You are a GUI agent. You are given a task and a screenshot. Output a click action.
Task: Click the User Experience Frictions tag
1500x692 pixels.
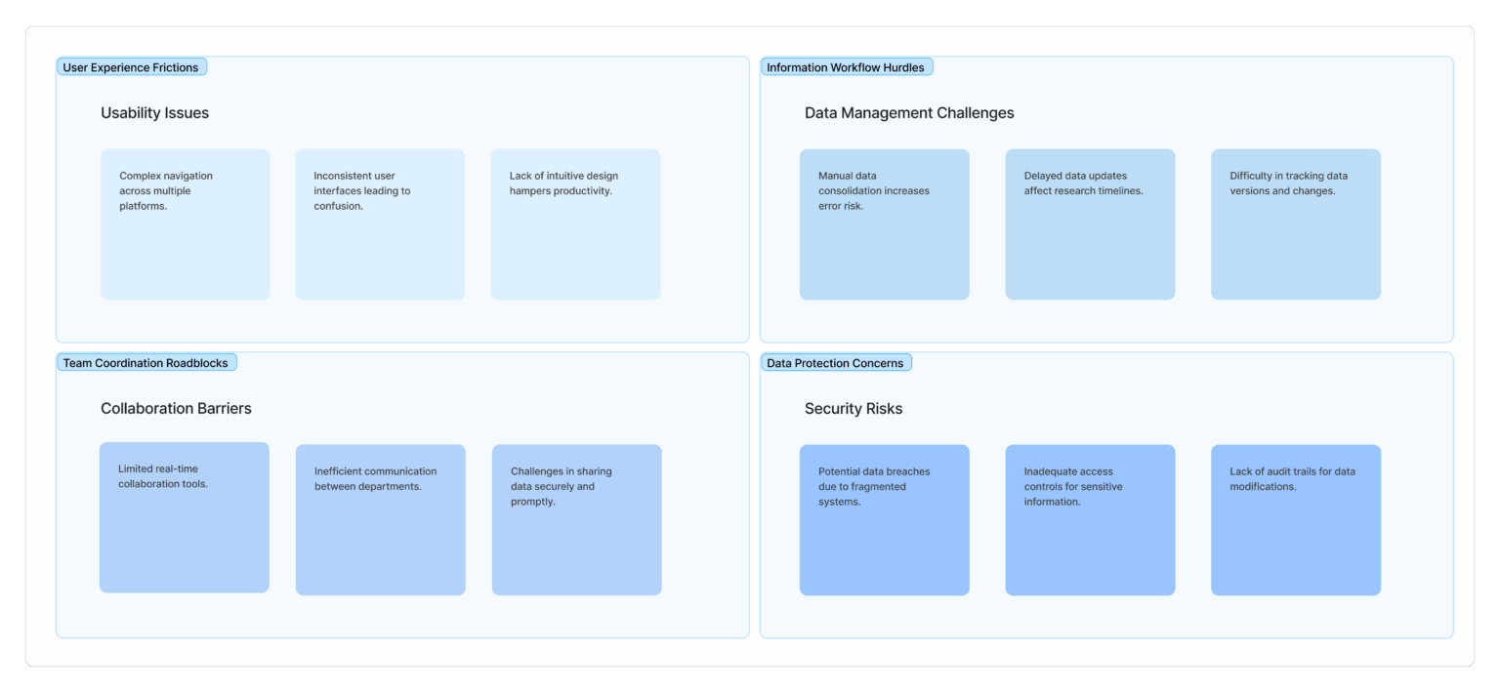[131, 67]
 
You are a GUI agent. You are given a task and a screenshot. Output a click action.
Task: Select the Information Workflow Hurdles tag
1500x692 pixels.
[847, 67]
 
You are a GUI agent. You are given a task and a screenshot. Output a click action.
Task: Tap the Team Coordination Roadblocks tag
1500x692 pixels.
[146, 363]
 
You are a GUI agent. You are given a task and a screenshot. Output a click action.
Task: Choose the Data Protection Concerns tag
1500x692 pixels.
[836, 363]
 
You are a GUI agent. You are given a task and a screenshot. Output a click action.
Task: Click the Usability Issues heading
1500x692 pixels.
[154, 113]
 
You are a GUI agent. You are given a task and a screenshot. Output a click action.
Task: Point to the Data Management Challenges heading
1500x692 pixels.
[909, 113]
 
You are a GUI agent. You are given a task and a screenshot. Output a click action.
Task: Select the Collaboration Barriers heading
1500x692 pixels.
[176, 408]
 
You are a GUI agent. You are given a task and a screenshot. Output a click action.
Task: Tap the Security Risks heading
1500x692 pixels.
[854, 408]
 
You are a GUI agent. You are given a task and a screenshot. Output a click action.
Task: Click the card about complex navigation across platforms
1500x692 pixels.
[186, 224]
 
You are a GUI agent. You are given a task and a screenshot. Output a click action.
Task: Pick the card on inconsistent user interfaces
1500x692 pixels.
[380, 224]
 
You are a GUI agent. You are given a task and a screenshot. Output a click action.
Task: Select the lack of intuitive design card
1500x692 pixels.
[576, 224]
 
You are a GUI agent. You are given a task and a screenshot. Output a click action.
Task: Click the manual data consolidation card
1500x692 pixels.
[884, 224]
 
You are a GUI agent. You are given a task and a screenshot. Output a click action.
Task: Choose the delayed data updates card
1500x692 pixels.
[1090, 224]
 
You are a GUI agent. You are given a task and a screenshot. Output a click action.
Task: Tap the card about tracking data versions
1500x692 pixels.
[1296, 224]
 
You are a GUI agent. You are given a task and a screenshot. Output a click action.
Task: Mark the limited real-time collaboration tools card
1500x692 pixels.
[185, 517]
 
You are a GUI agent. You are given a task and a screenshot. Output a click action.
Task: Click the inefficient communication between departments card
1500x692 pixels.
[380, 520]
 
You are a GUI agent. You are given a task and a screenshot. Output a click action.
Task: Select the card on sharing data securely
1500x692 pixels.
[576, 520]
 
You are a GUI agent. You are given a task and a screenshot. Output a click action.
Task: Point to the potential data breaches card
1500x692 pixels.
[884, 520]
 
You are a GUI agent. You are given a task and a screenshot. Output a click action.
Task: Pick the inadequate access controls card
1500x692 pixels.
[1090, 520]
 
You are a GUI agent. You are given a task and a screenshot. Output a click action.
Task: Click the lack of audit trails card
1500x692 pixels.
[1296, 520]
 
